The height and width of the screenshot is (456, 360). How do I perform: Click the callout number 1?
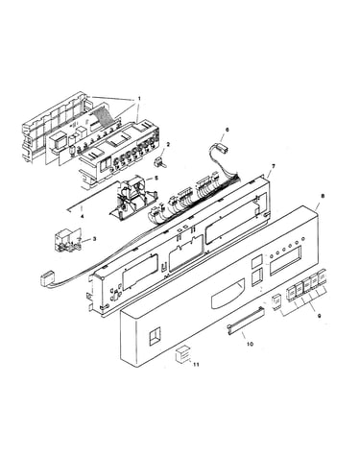point(139,98)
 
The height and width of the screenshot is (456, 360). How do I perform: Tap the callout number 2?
point(168,144)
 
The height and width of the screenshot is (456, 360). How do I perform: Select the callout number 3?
point(94,238)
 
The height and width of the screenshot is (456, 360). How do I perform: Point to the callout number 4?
point(82,216)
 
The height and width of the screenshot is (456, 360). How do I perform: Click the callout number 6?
point(228,130)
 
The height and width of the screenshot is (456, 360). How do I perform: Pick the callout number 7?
point(273,166)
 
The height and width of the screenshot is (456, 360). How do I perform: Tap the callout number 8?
point(323,196)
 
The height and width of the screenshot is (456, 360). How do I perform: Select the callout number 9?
point(319,316)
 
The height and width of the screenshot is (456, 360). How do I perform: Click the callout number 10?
point(250,344)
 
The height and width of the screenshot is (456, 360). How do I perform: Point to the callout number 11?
point(196,365)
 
